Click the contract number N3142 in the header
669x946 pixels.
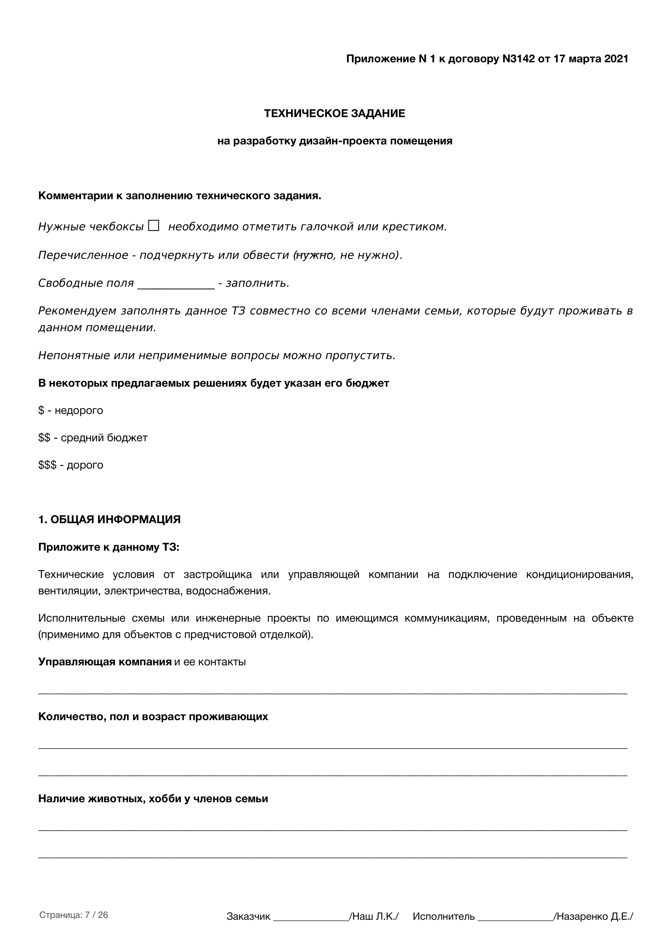click(518, 59)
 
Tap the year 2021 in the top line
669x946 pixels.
click(616, 59)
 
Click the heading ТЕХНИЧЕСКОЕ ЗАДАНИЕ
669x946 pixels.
click(334, 114)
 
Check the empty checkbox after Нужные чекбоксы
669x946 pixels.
click(154, 226)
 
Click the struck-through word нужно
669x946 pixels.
click(314, 256)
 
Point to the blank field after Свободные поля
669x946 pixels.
click(176, 284)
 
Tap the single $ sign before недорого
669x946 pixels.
click(41, 411)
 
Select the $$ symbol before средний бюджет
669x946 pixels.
click(44, 438)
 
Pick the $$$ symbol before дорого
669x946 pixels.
click(47, 465)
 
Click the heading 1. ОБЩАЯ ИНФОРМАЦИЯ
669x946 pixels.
click(109, 520)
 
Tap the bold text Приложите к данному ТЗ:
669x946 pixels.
click(109, 547)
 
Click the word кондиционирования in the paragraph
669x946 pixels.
click(579, 575)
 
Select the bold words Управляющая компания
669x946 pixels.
click(105, 662)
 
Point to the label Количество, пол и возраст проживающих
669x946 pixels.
click(153, 717)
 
